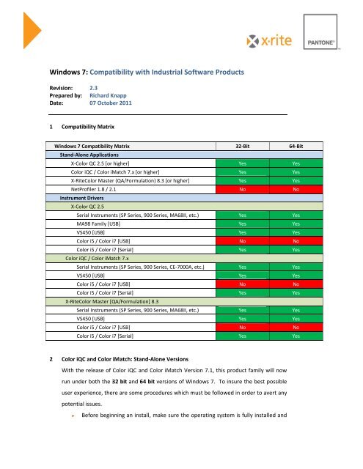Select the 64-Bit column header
296,147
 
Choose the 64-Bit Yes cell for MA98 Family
296,224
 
